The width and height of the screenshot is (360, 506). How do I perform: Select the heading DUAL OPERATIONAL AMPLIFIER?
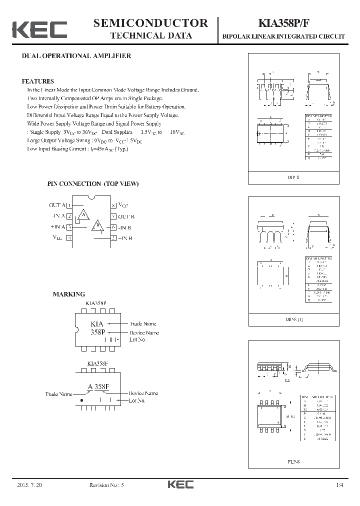[x=76, y=56]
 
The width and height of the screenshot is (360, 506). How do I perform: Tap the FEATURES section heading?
[x=37, y=81]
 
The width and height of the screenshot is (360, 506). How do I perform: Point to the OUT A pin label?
[x=57, y=205]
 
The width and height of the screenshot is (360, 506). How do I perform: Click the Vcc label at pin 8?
[x=123, y=205]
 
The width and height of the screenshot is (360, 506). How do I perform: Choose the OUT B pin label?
[x=126, y=216]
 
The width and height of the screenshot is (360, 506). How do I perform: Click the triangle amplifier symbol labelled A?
[x=83, y=215]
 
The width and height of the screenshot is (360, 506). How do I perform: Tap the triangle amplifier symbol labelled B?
[x=97, y=226]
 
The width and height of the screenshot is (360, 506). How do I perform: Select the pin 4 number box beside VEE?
[x=69, y=238]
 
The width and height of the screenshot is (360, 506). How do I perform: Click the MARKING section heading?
[x=69, y=294]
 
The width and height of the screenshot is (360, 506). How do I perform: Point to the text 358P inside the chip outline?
[x=98, y=332]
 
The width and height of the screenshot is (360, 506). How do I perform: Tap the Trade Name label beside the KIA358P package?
[x=143, y=323]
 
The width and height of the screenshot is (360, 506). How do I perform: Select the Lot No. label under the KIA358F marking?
[x=137, y=400]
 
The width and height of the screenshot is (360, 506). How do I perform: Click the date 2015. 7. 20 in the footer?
[x=28, y=485]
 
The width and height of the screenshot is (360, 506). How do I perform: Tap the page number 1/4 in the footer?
[x=340, y=485]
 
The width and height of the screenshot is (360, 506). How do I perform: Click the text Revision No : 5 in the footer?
[x=110, y=485]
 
